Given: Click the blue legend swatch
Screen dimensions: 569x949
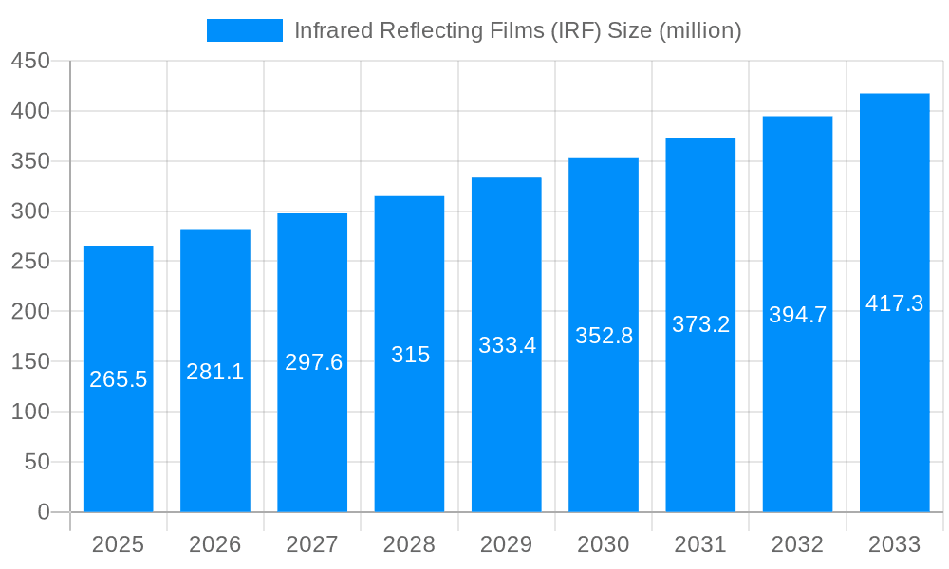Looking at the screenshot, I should [x=245, y=30].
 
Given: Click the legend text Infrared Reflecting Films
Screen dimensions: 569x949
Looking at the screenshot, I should [x=517, y=30].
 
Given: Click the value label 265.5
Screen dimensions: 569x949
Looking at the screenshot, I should [x=119, y=380].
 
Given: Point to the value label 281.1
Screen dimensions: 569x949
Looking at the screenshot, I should [x=215, y=373].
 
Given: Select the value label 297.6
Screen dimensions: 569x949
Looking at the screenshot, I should [x=313, y=362].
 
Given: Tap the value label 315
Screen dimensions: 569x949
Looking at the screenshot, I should [x=410, y=355].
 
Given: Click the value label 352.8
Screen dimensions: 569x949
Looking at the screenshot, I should [x=604, y=336].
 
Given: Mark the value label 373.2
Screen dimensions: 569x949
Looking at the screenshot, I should [x=700, y=324].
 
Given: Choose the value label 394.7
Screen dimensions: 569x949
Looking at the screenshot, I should [x=797, y=315].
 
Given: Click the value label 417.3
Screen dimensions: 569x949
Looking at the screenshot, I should [x=894, y=303].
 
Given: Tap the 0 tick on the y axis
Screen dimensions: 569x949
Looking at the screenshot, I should [x=44, y=512].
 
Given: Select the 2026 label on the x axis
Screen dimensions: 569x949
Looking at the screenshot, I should [x=215, y=544].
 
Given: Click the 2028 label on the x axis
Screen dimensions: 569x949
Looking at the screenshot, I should [x=410, y=544].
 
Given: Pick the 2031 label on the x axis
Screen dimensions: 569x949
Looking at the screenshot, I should [x=700, y=544].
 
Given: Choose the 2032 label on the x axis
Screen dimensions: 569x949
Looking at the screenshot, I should [x=797, y=544].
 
